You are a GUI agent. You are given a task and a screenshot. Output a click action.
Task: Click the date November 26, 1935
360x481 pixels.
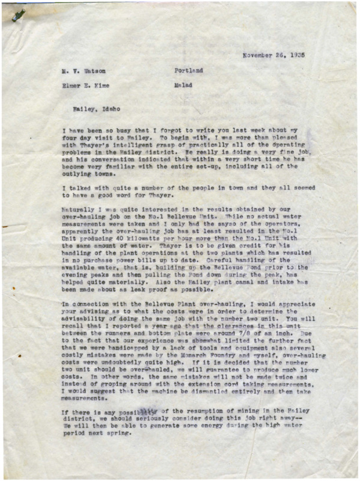point(273,55)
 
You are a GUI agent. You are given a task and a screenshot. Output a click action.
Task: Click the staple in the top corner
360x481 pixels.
point(17,15)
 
